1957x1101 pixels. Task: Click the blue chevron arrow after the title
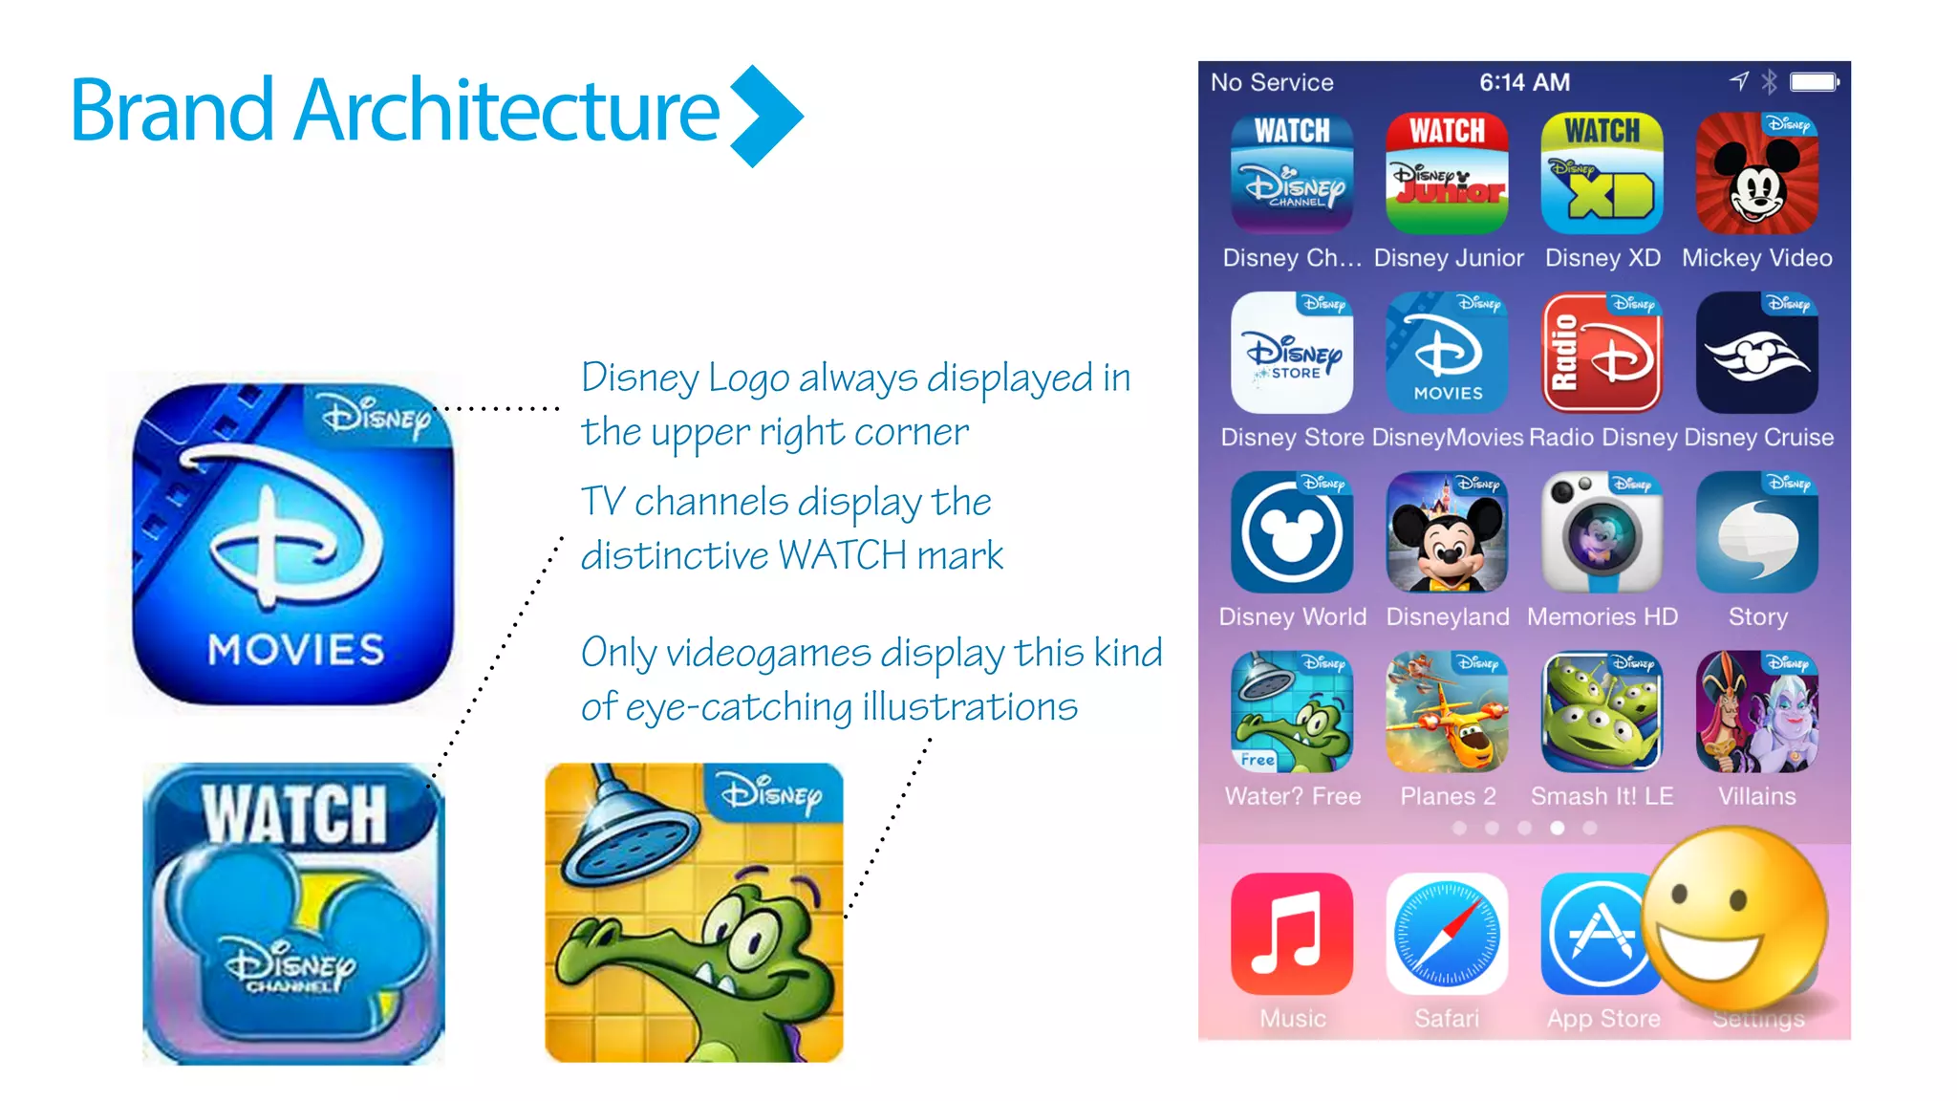pos(766,116)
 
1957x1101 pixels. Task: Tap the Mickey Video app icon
pos(1756,173)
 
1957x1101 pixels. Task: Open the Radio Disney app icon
pos(1602,353)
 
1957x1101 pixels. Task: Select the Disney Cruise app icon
pos(1756,353)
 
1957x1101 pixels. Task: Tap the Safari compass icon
pos(1447,934)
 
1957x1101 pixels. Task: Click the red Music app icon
pos(1292,934)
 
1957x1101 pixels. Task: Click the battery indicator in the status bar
pos(1814,82)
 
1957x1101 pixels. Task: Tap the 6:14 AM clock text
pos(1524,82)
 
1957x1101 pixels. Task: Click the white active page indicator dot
pos(1558,828)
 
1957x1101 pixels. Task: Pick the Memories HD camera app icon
pos(1602,532)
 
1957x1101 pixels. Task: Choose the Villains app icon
pos(1756,712)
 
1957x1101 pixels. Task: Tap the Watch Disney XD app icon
pos(1602,173)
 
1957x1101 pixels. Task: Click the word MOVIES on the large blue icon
pos(296,650)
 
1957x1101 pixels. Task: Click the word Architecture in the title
pos(506,110)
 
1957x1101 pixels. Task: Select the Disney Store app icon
pos(1292,353)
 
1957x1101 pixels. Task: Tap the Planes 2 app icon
pos(1447,712)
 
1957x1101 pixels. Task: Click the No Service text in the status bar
pos(1272,82)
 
